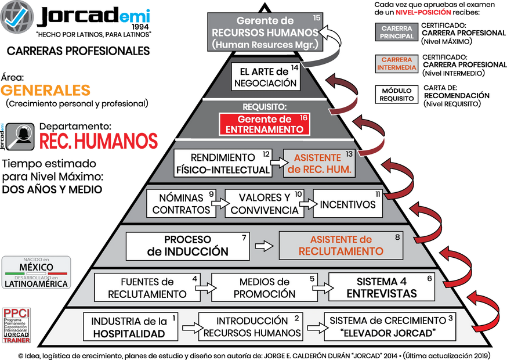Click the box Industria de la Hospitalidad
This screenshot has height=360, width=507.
(131, 327)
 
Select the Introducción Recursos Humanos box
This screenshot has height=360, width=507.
(252, 327)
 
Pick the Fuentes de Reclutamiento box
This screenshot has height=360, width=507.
(147, 287)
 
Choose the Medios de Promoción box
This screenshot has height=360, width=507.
(265, 287)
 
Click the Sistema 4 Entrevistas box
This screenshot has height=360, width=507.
(382, 287)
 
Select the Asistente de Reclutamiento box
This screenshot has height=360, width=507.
(341, 246)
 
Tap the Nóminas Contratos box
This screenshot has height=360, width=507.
(181, 204)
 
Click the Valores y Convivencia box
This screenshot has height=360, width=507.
(265, 204)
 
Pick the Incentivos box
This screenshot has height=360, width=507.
(347, 204)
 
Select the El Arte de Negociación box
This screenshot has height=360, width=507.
(266, 77)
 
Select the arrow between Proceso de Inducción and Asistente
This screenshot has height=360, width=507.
(264, 246)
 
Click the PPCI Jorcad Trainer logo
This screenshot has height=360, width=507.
(16, 326)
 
